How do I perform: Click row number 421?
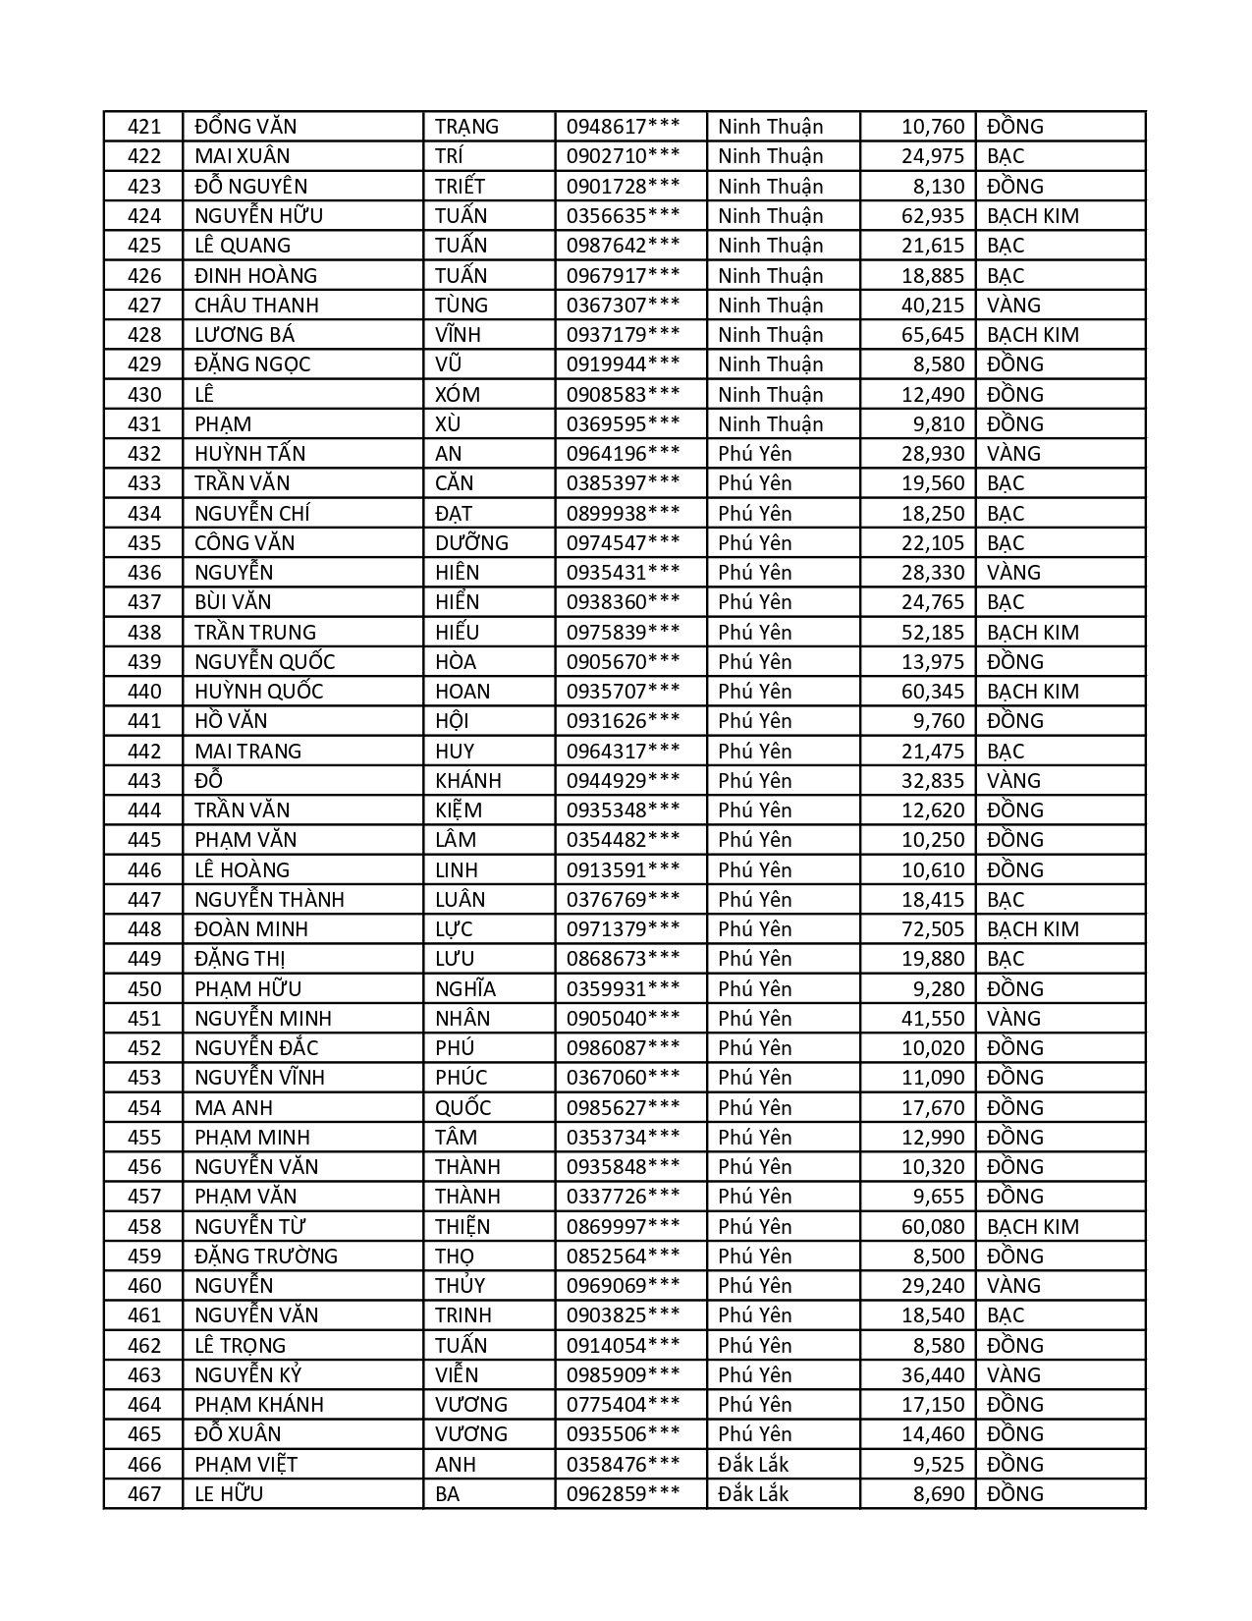pyautogui.click(x=143, y=127)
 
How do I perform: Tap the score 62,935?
pyautogui.click(x=933, y=216)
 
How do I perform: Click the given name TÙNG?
pyautogui.click(x=462, y=306)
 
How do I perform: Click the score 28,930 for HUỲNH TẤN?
pyautogui.click(x=933, y=454)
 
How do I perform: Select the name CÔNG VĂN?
pyautogui.click(x=245, y=543)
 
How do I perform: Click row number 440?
pyautogui.click(x=143, y=692)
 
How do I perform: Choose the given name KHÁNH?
pyautogui.click(x=468, y=781)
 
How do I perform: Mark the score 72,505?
pyautogui.click(x=933, y=929)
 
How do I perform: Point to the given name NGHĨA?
pyautogui.click(x=465, y=989)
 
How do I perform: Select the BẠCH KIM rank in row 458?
pyautogui.click(x=1032, y=1227)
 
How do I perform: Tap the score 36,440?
pyautogui.click(x=933, y=1375)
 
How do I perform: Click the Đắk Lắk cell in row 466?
pyautogui.click(x=753, y=1465)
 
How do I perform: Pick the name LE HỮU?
pyautogui.click(x=229, y=1494)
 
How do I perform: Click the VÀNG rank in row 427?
pyautogui.click(x=1013, y=306)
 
